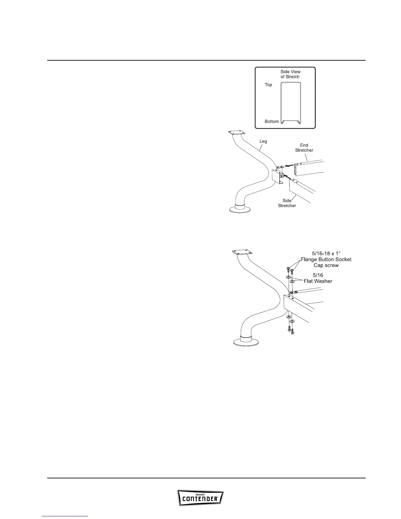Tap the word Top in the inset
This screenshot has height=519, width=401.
click(268, 85)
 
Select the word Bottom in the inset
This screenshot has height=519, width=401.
click(272, 122)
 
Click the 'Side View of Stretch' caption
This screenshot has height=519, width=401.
click(290, 74)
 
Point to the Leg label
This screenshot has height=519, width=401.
click(263, 142)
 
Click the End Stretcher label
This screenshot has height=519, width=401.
click(304, 148)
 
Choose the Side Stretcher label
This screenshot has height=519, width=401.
click(287, 203)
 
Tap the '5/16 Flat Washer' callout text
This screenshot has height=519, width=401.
click(318, 278)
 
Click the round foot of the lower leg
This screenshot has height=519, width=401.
click(247, 342)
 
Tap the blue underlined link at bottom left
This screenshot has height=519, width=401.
click(65, 516)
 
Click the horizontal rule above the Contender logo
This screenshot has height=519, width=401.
click(206, 478)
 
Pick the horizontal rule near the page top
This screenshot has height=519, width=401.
click(206, 60)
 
